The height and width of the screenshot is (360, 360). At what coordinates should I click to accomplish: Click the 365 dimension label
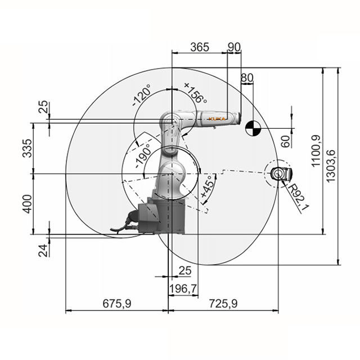(x=200, y=47)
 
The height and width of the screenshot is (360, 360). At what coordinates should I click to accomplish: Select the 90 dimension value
(x=235, y=47)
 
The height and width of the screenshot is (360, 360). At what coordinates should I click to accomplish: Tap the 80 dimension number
(x=247, y=77)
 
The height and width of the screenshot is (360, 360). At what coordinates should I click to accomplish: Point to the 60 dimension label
(x=286, y=141)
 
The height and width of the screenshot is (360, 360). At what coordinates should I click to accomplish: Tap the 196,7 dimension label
(x=183, y=289)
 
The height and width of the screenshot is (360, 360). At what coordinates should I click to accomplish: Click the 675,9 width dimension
(x=117, y=304)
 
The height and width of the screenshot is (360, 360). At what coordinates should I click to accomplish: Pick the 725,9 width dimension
(x=223, y=304)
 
